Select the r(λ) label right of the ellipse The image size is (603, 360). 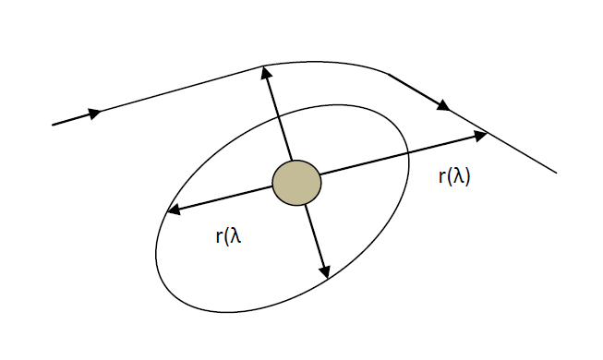point(454,177)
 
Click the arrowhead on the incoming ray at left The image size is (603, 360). point(94,113)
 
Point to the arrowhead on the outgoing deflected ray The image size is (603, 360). point(443,105)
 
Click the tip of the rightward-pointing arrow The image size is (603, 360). point(486,135)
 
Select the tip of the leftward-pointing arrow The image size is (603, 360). point(167,212)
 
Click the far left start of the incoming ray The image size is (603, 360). point(54,124)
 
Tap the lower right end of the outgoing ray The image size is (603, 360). point(556,173)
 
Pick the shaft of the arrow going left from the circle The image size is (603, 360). point(222,198)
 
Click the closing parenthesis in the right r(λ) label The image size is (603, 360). point(468,177)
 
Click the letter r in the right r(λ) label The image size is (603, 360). point(441,177)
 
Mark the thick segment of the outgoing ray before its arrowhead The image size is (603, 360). point(416,90)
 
